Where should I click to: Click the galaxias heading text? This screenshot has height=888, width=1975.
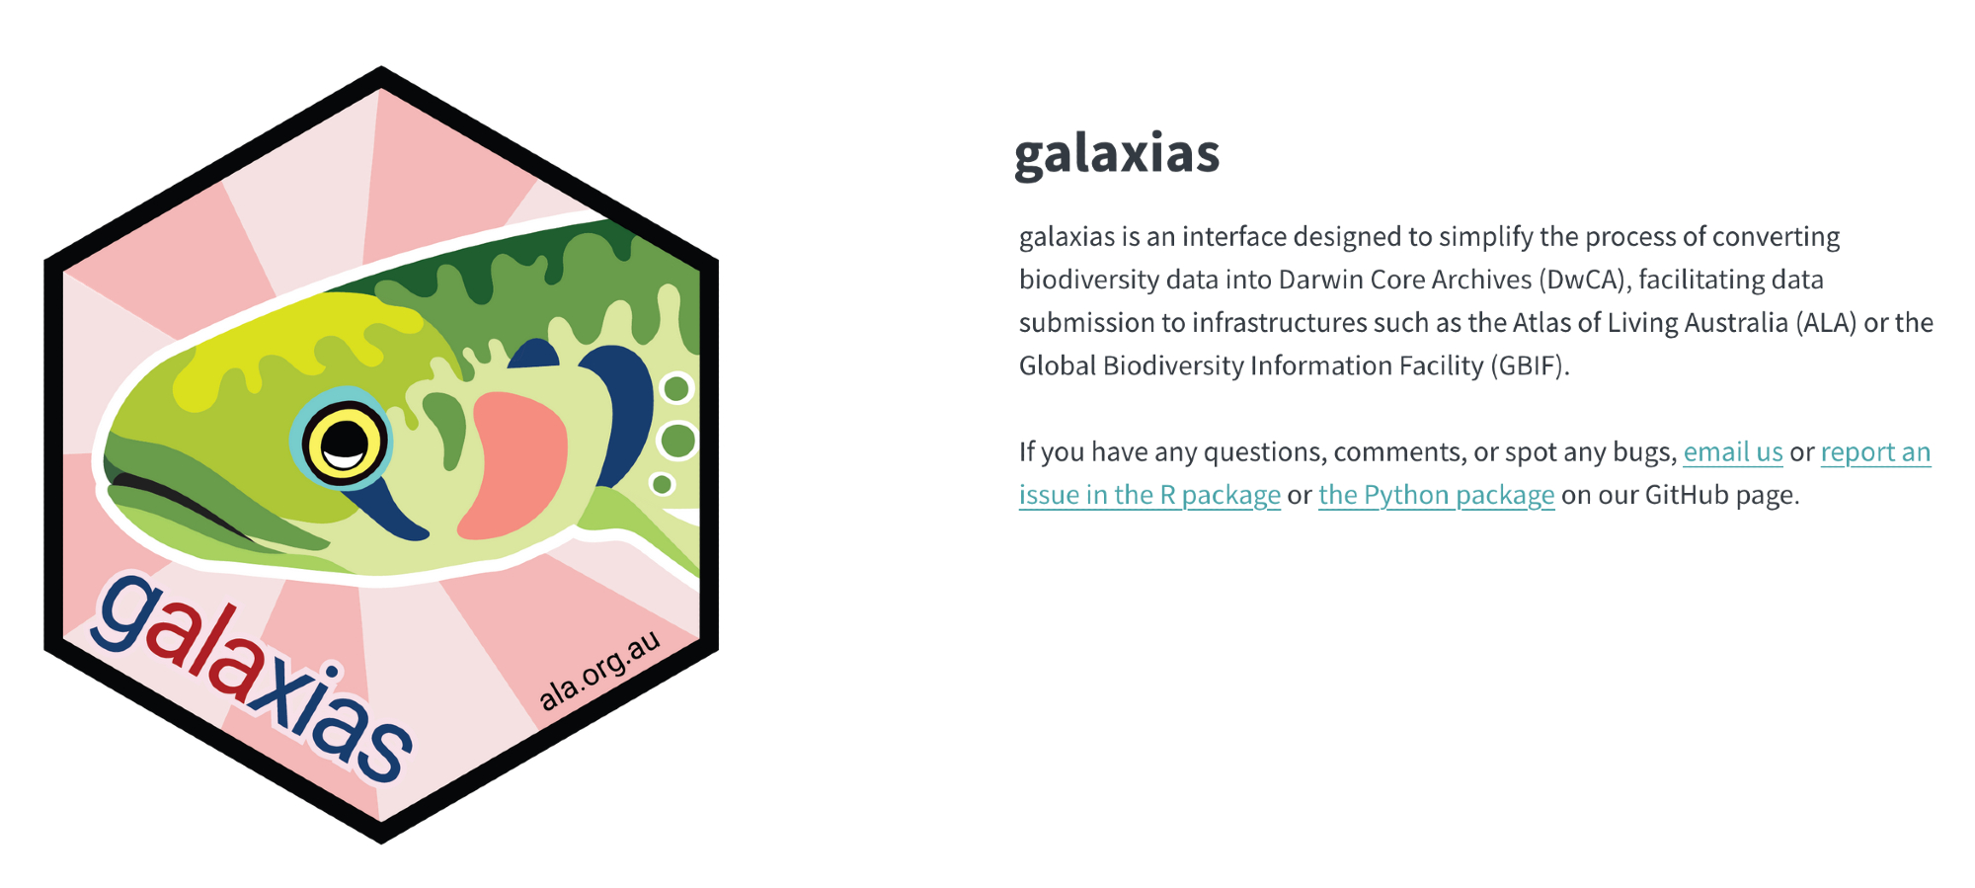(x=1117, y=155)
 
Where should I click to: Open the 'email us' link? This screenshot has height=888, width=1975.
(x=1733, y=452)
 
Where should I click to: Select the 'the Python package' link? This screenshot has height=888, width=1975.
(x=1436, y=495)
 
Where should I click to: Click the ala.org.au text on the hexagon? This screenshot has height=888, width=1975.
(x=599, y=671)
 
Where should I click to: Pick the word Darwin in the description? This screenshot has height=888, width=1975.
(x=1320, y=280)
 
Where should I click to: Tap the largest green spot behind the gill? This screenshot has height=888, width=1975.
(x=677, y=440)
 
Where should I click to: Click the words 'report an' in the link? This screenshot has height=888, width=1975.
(x=1875, y=452)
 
